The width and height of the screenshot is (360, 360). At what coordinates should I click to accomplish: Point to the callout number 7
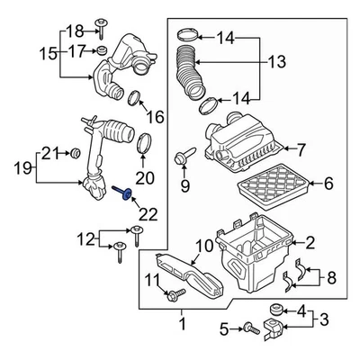pos(301,148)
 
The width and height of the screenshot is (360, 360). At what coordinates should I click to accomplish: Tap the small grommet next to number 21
pos(76,148)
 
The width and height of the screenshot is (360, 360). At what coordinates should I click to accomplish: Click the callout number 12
pos(85,239)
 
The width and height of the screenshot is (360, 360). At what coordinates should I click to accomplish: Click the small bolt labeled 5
pos(243,330)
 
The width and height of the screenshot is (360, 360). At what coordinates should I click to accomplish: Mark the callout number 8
pos(332,278)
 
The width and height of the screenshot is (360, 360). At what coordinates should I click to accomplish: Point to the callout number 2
pos(310,241)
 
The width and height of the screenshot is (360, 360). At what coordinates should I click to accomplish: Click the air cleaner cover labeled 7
pos(243,144)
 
